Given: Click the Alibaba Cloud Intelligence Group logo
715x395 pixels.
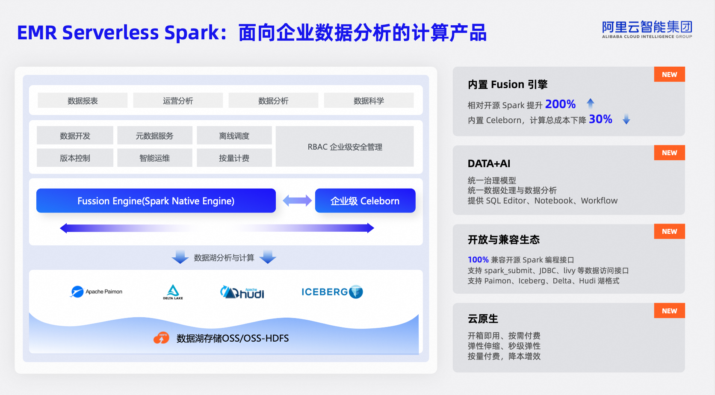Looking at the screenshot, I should [647, 29].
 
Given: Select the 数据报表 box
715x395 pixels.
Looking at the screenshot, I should [83, 100].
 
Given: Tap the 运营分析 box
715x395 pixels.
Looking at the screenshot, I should [178, 100].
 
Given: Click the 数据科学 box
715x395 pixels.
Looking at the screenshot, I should [369, 100].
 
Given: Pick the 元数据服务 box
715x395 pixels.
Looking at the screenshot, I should [154, 136].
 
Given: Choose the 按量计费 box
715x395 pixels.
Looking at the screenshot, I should [234, 158].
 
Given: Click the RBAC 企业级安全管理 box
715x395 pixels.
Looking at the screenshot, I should [345, 147].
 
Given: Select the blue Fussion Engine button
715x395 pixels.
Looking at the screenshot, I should [156, 200].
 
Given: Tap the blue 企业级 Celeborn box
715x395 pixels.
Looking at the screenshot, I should [365, 200].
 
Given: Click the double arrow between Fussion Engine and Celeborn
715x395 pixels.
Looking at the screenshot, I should [297, 200].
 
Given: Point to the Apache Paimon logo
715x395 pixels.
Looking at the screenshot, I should [97, 292].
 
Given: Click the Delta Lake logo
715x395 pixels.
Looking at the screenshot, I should [173, 292].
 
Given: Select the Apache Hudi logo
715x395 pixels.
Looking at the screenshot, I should [242, 292].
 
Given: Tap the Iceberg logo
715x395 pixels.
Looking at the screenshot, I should [332, 292].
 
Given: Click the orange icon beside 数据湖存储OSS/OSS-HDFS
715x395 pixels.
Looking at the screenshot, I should [161, 338].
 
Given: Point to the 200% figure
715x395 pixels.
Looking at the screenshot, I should [560, 104].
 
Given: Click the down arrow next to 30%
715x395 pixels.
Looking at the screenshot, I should [626, 119].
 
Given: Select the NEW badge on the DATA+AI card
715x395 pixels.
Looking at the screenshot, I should [669, 153].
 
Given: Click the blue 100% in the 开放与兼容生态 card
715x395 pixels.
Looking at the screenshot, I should [478, 259].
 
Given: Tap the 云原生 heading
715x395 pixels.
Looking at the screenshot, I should [483, 318].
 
